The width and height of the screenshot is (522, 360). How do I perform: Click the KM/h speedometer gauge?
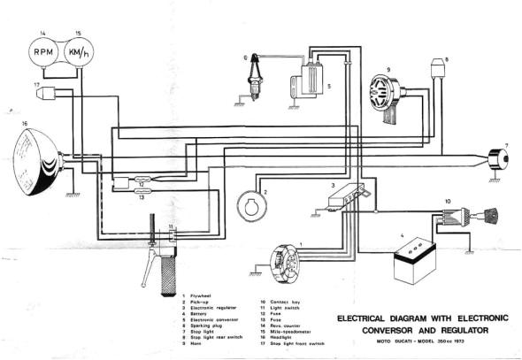tap(78, 56)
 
